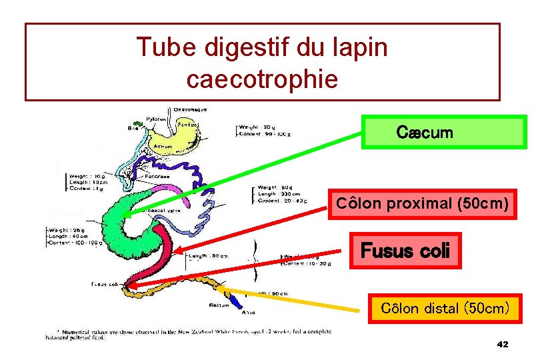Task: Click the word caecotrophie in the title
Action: pos(262,79)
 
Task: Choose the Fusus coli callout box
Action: pos(405,251)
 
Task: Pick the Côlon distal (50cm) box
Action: pos(445,308)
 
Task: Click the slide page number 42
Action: pos(502,344)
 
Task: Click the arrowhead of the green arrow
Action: pos(137,211)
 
